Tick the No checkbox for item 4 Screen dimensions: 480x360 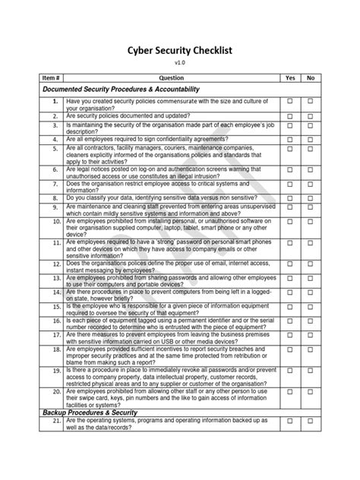click(x=311, y=141)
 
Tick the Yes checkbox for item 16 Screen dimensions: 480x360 click(x=289, y=324)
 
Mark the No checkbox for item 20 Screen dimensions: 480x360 click(x=311, y=393)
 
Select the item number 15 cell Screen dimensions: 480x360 click(x=55, y=307)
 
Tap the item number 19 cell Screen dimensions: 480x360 click(x=55, y=370)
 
